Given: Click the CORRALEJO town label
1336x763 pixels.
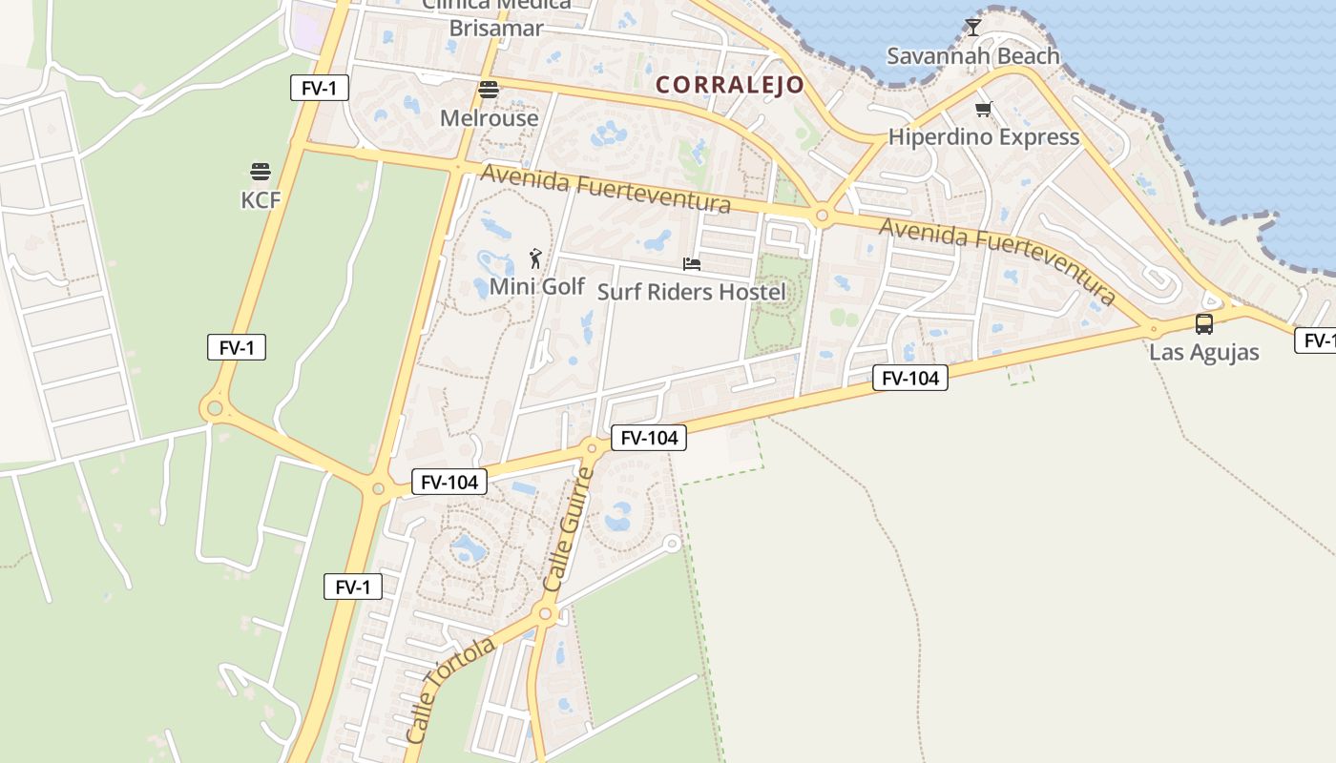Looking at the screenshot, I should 730,85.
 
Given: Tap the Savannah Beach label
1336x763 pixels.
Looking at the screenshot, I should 972,56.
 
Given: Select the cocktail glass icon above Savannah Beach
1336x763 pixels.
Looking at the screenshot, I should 972,28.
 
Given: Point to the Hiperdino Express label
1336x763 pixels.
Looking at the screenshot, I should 983,137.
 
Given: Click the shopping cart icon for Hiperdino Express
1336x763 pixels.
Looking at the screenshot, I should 983,109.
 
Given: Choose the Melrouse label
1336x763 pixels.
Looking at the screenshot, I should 489,118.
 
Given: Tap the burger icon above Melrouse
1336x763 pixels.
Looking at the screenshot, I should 489,90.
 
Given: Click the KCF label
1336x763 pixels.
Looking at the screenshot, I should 260,199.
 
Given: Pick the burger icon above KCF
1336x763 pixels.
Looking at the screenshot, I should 260,172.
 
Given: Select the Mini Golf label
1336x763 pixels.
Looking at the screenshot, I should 536,286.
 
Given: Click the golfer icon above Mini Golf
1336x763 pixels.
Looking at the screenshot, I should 535,258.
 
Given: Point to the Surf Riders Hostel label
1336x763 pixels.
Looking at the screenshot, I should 691,292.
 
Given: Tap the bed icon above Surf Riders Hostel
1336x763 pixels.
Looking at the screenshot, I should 691,263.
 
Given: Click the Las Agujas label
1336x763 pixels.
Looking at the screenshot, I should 1203,352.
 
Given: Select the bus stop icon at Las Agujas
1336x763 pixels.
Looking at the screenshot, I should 1203,324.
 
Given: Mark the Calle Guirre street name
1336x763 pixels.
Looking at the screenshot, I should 568,530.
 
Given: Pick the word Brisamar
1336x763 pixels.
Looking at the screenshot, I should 495,28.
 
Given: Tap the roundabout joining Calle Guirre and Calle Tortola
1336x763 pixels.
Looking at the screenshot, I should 546,614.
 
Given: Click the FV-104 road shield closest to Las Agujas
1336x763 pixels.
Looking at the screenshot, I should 909,379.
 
